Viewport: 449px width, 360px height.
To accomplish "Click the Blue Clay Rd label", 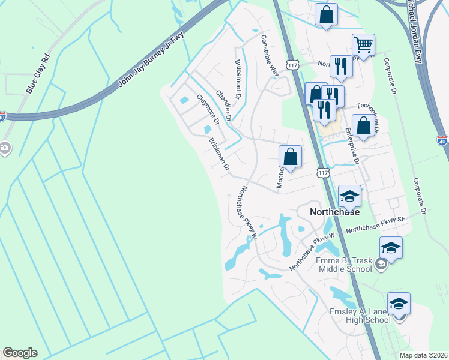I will tap(38, 75).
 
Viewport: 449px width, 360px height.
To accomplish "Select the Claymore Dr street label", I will tap(207, 110).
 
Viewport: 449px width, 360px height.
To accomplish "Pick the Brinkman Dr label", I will tap(219, 155).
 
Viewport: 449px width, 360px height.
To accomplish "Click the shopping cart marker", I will tap(363, 44).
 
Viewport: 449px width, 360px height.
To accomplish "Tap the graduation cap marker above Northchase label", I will tap(349, 195).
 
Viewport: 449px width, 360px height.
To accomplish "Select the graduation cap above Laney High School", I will tap(399, 303).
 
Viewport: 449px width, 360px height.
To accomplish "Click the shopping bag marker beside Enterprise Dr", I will tap(363, 126).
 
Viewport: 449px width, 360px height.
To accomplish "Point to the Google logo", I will tap(20, 353).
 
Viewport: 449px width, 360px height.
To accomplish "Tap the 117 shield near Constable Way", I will tap(293, 65).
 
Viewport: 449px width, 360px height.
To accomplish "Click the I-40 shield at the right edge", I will tap(442, 141).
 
